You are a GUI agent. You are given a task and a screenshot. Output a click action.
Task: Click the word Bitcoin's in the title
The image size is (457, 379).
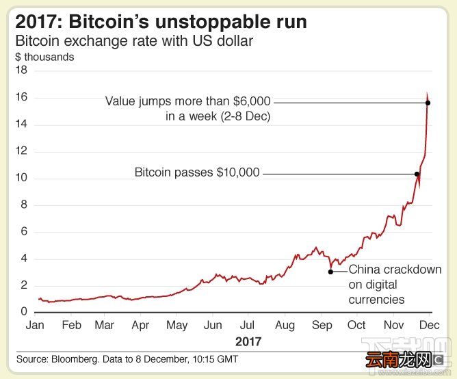[108, 22]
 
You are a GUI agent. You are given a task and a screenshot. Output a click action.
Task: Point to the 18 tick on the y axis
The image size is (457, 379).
[22, 70]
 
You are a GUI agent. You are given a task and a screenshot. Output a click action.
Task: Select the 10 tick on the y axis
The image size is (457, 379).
[22, 177]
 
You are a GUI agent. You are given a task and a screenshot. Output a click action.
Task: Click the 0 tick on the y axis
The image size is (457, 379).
[24, 311]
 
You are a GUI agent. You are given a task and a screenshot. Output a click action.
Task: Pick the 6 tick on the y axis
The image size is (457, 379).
[24, 231]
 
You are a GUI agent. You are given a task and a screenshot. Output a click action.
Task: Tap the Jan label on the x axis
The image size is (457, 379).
[35, 325]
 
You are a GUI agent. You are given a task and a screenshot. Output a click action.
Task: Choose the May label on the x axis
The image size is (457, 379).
[177, 326]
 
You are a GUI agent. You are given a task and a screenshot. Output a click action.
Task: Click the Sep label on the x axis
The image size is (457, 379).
[322, 326]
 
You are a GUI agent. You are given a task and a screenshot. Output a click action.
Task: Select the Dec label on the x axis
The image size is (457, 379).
[430, 325]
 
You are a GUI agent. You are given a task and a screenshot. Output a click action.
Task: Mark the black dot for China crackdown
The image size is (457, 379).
[330, 272]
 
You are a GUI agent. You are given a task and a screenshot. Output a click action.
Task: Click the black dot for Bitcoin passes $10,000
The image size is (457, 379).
[417, 174]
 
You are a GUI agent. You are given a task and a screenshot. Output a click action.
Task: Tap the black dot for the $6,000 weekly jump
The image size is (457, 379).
[428, 103]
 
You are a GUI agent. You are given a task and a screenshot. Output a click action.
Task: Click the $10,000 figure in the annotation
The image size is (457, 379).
[238, 172]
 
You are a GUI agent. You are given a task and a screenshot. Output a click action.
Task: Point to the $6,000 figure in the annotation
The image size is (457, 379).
[252, 101]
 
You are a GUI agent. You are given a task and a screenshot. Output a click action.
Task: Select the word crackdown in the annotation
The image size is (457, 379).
[410, 270]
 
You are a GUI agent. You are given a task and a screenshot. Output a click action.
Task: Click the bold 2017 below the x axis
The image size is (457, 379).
[248, 341]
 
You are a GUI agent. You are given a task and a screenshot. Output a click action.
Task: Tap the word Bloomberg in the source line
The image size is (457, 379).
[75, 359]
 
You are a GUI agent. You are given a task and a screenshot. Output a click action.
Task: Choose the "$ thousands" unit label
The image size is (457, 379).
[44, 57]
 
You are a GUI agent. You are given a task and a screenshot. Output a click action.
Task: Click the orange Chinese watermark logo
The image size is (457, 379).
[398, 360]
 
